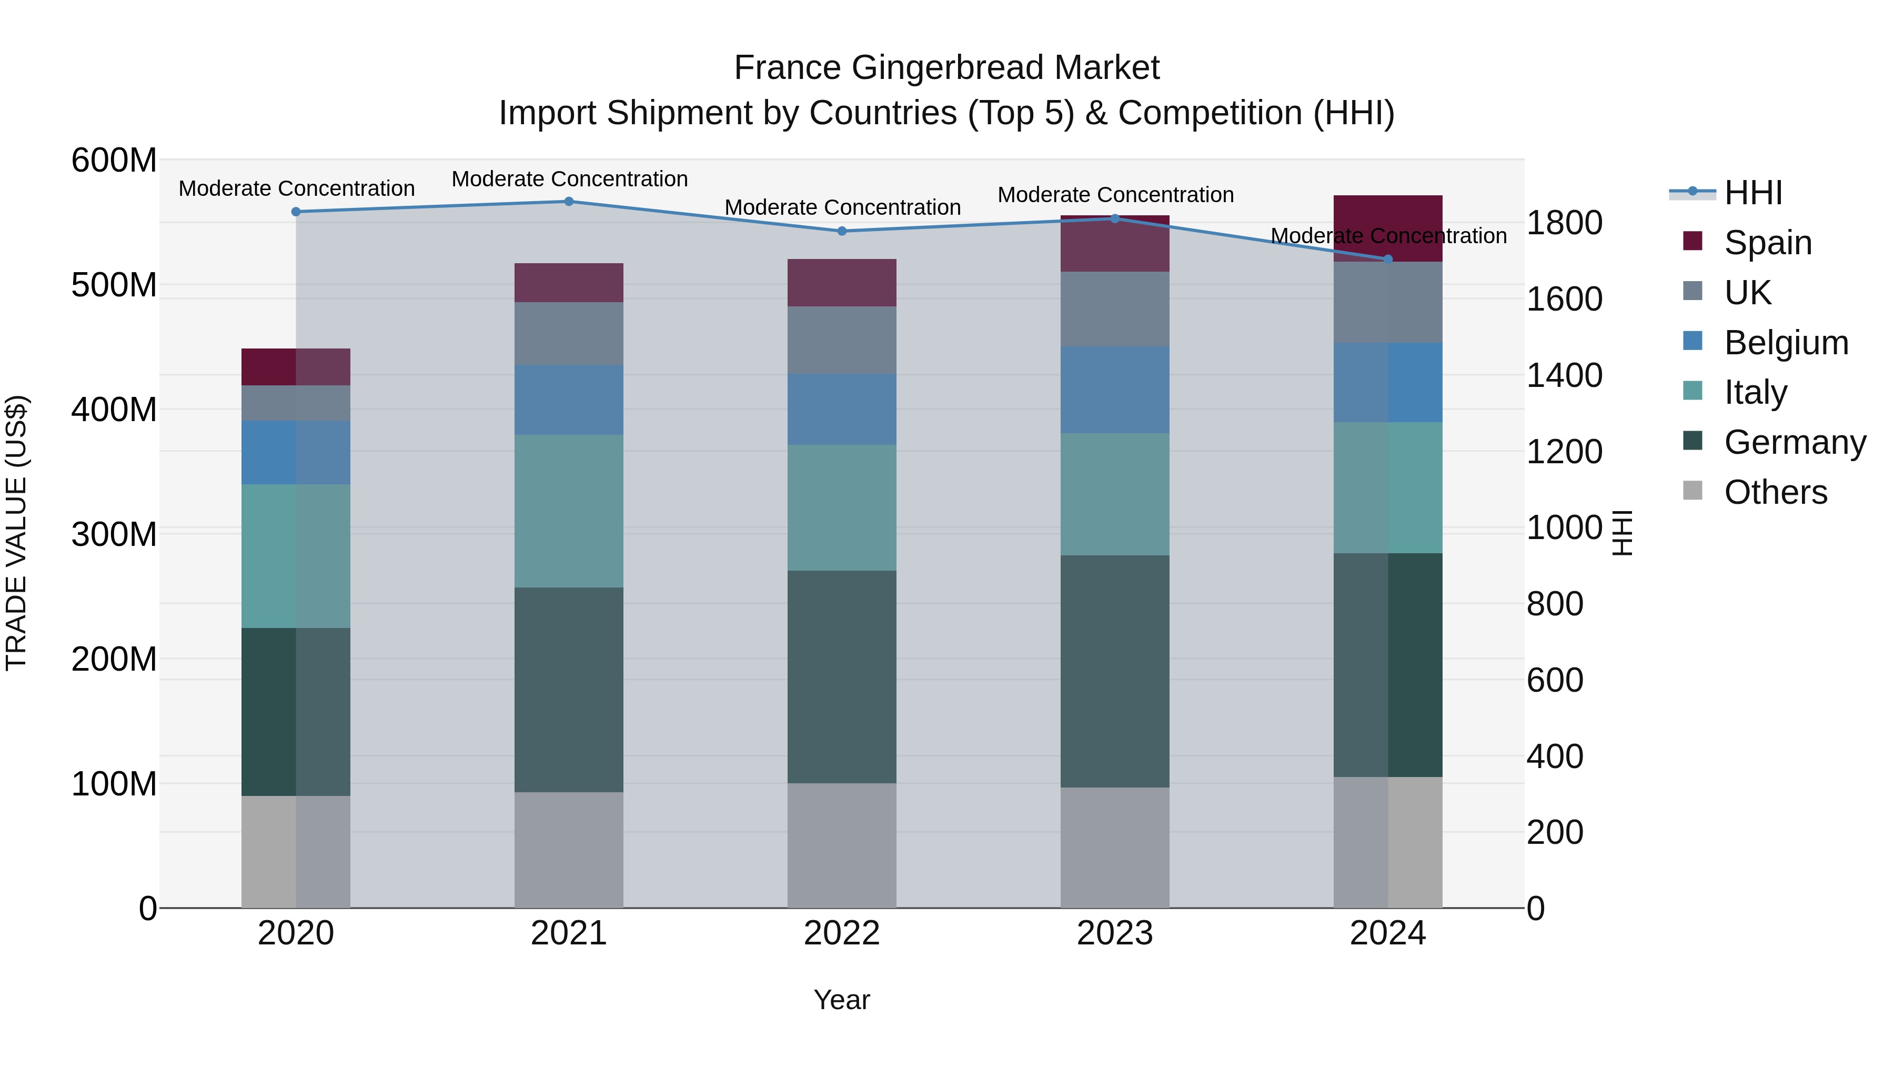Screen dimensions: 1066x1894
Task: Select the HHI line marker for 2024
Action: pos(1388,259)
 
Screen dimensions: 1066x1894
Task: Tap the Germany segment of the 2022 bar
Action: pos(842,677)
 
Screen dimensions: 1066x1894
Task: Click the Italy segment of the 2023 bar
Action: pos(1115,494)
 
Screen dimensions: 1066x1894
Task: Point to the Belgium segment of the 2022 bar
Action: pos(842,409)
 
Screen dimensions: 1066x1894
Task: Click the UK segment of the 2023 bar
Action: pos(1115,309)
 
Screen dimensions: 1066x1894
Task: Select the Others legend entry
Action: pos(1775,492)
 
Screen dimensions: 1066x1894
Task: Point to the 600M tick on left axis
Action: pos(114,161)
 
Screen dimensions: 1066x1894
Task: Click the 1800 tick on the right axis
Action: pos(1564,223)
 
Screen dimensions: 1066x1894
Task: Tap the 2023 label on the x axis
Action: pos(1115,933)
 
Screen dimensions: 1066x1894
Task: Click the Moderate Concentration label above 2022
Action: pos(843,207)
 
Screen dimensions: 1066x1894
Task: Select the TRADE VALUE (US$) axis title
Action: pos(16,533)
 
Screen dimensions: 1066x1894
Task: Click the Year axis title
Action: pos(842,1000)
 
